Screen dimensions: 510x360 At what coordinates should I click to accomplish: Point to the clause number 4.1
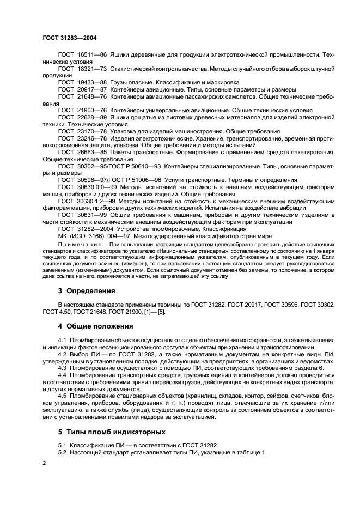point(62,341)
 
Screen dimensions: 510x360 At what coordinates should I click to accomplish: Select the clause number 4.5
point(62,395)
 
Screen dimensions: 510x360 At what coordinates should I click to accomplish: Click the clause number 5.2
point(62,452)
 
